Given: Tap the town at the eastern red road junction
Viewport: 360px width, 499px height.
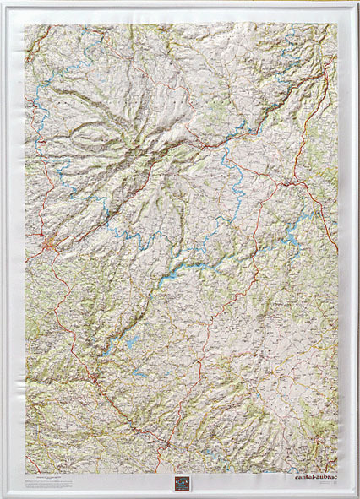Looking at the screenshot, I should tap(290, 181).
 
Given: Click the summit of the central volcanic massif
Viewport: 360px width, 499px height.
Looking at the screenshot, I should tap(161, 152).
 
